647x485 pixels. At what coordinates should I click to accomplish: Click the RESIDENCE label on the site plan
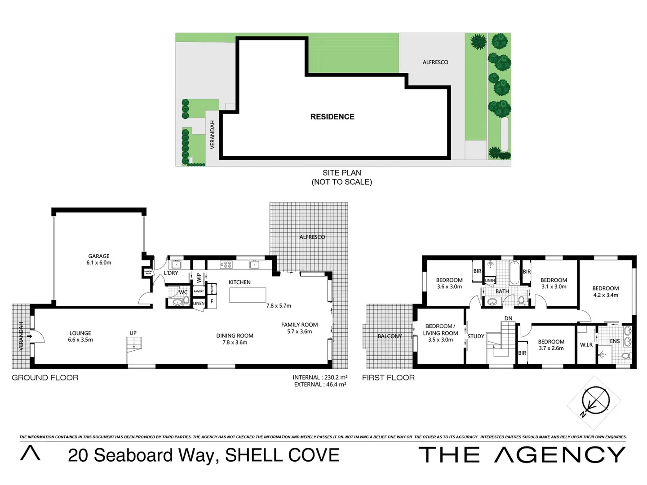click(332, 117)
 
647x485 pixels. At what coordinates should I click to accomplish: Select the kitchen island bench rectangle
click(248, 295)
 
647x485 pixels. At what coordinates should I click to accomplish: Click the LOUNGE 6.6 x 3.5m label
click(80, 336)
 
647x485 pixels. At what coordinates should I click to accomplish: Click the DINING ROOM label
click(235, 339)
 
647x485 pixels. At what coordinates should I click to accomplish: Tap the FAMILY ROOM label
click(299, 328)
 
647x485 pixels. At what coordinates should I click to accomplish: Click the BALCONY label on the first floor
click(390, 336)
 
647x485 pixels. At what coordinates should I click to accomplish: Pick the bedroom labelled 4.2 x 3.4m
click(605, 291)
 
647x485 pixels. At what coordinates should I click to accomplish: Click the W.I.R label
click(586, 345)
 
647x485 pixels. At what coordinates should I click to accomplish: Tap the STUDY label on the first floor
click(476, 336)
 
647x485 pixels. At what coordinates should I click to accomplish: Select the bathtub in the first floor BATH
click(514, 272)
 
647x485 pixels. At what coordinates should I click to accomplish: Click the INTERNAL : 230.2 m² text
click(319, 378)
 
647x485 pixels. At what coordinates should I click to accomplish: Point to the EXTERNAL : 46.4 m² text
click(320, 384)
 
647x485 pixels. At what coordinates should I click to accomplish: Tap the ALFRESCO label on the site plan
click(435, 62)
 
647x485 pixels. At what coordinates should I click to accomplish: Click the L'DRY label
click(171, 273)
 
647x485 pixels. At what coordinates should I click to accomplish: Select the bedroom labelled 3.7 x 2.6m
click(551, 345)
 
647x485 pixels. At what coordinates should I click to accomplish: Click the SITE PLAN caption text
click(341, 173)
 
